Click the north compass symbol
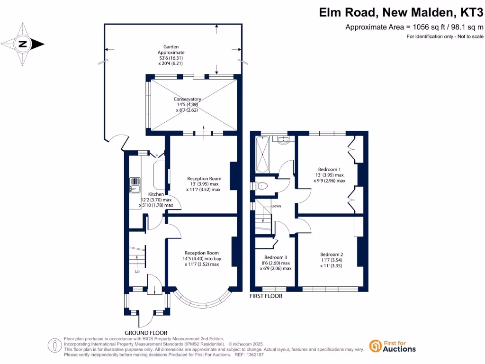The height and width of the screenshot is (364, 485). click(x=23, y=45)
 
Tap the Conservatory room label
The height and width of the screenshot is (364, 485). click(x=187, y=104)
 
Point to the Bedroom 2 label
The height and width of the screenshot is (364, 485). click(x=331, y=260)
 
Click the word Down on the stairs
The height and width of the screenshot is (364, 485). click(x=276, y=206)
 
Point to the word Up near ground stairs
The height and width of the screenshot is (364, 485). click(x=137, y=272)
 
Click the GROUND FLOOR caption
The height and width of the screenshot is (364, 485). click(x=146, y=333)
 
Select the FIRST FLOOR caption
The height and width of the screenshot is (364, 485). click(x=266, y=296)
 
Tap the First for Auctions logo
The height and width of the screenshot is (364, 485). click(x=393, y=346)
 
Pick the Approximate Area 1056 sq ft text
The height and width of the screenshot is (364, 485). click(x=414, y=27)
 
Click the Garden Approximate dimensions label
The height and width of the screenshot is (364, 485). click(x=173, y=55)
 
